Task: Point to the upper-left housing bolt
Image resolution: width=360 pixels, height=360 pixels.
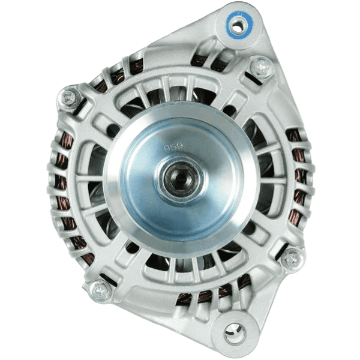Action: pos(69,97)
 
